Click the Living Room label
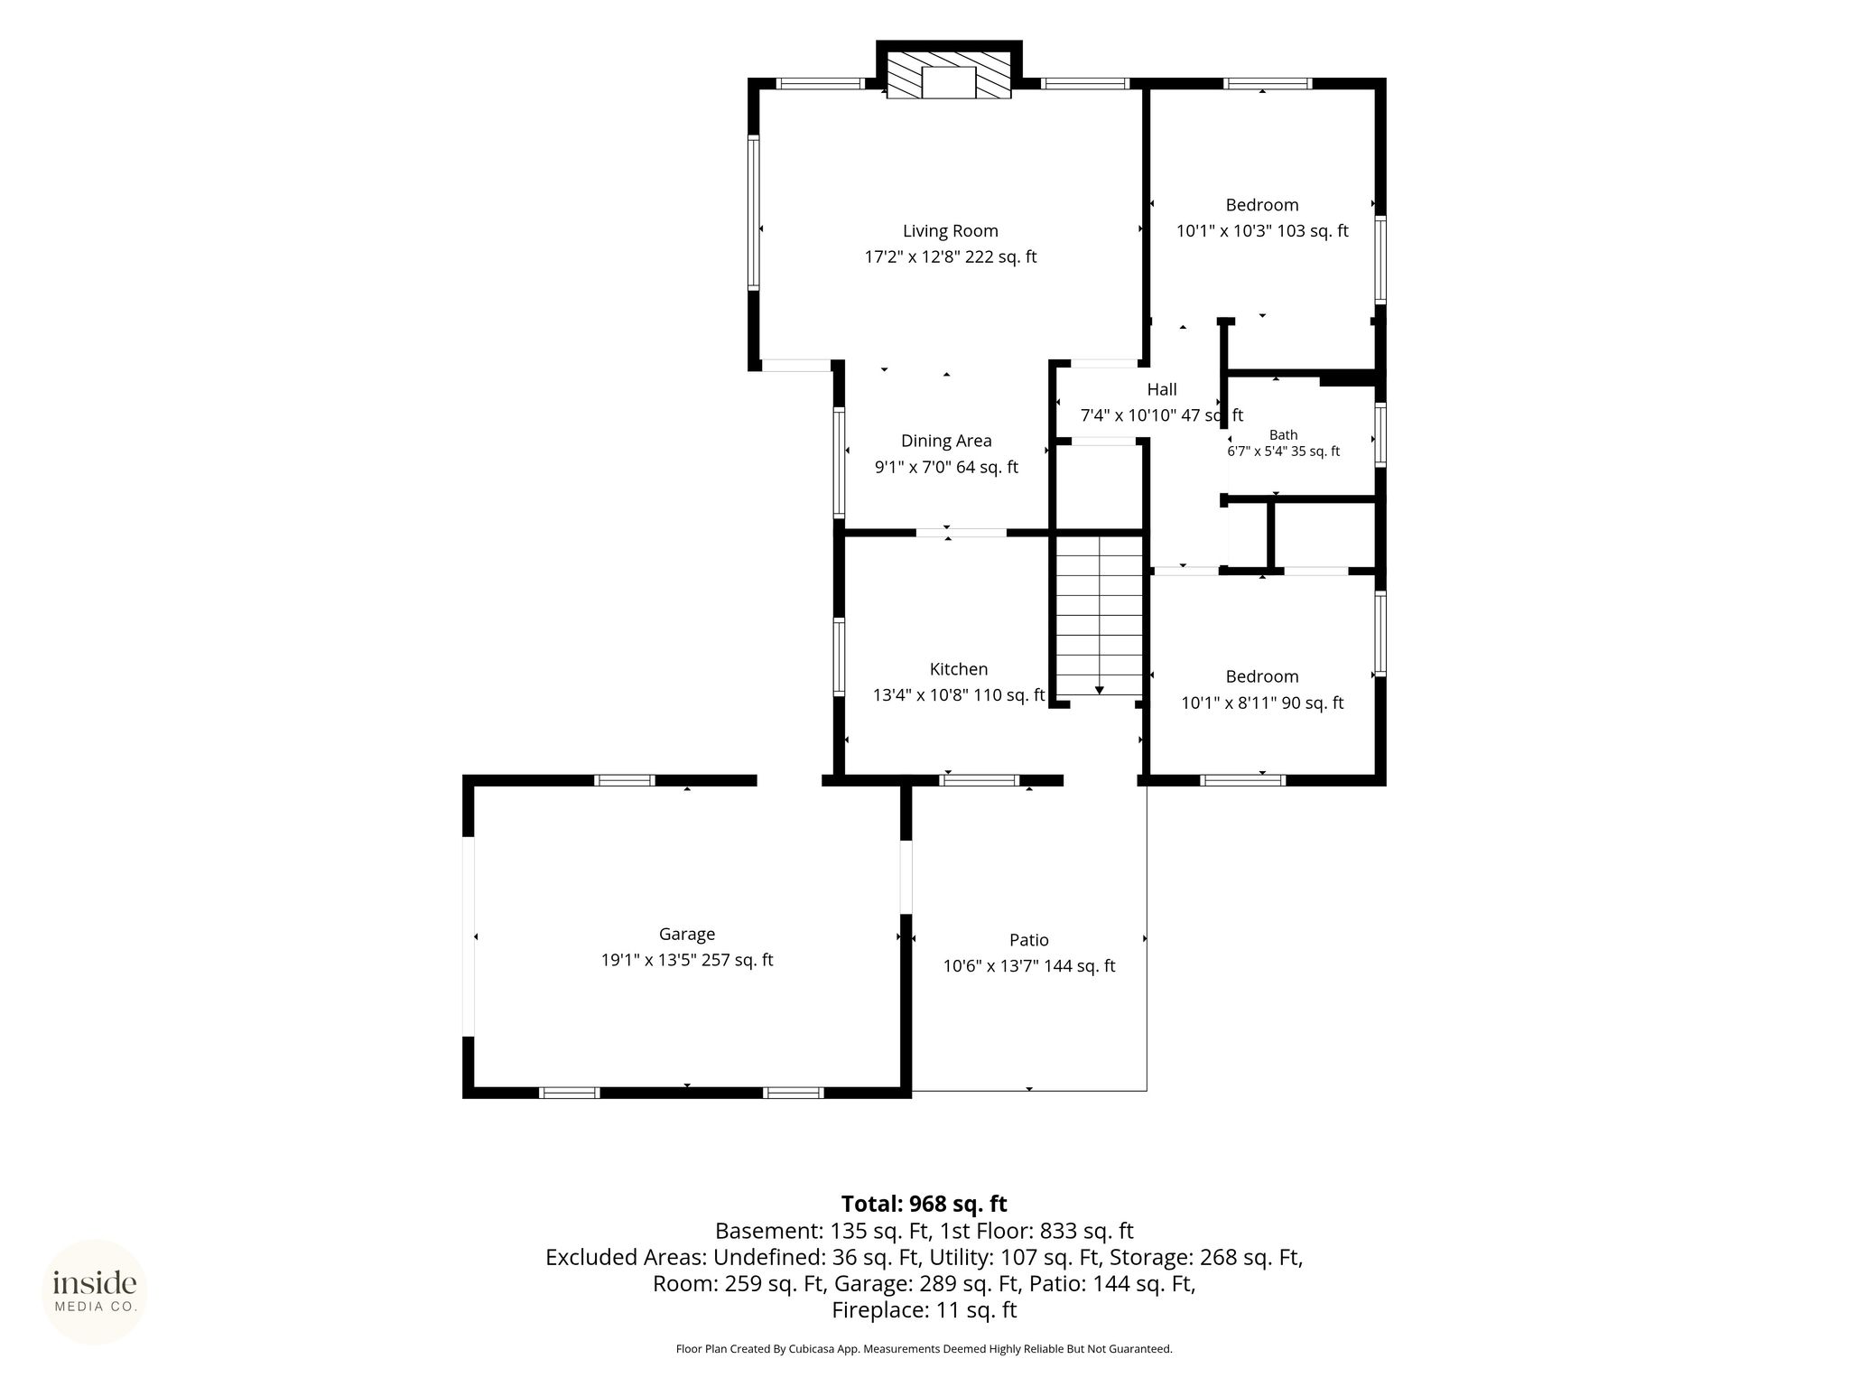pyautogui.click(x=950, y=231)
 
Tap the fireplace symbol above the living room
pyautogui.click(x=949, y=74)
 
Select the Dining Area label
pyautogui.click(x=946, y=441)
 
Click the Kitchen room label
pyautogui.click(x=959, y=669)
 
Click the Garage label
pyautogui.click(x=687, y=935)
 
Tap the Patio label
pyautogui.click(x=1029, y=940)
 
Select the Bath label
pyautogui.click(x=1283, y=435)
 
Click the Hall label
pyautogui.click(x=1162, y=389)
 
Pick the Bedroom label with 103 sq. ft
pyautogui.click(x=1262, y=205)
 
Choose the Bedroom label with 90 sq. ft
pyautogui.click(x=1262, y=676)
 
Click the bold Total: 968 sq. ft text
pyautogui.click(x=924, y=1204)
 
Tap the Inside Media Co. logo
pyautogui.click(x=95, y=1291)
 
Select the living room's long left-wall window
pyautogui.click(x=753, y=212)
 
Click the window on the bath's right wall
pyautogui.click(x=1380, y=434)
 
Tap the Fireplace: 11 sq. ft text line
pyautogui.click(x=924, y=1310)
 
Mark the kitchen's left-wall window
pyautogui.click(x=839, y=656)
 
